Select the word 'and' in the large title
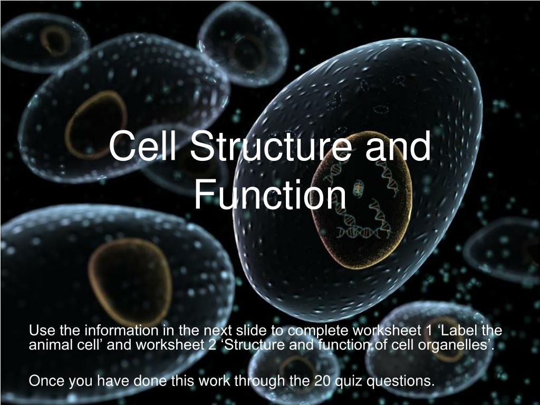pos(398,146)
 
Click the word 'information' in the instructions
pos(122,330)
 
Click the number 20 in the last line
pos(322,381)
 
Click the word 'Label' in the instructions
pos(459,330)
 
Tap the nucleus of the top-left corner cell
pos(55,41)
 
